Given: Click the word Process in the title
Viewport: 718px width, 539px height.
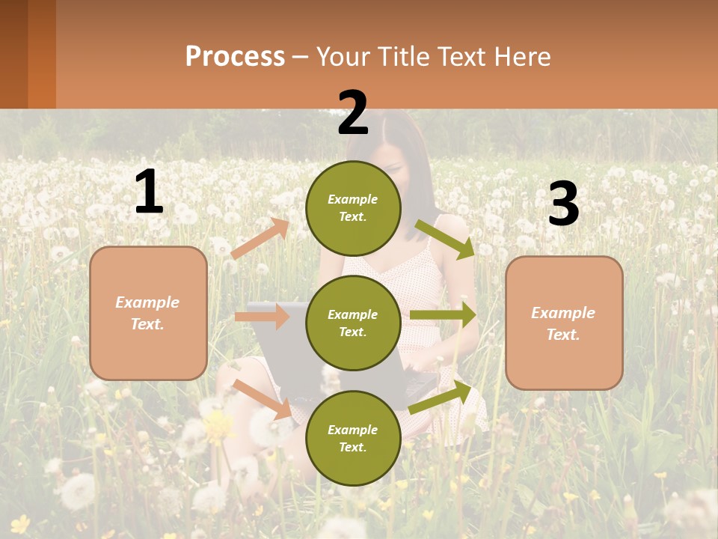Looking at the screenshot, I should pos(235,57).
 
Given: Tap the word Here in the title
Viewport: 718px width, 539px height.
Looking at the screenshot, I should pos(522,57).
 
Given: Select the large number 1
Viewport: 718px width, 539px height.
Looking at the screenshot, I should pos(149,192).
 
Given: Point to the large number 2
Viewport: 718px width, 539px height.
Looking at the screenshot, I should pos(353,113).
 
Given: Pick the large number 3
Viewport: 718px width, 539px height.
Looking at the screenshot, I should pos(563,204).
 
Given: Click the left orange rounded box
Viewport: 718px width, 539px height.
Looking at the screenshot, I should pos(148,313).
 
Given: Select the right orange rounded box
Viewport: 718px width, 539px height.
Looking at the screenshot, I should pos(564,323).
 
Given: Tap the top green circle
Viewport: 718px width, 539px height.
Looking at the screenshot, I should pos(353,208).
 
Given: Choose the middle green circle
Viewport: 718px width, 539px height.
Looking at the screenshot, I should pos(353,323).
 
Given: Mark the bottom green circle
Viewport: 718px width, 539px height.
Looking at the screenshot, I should pos(353,438).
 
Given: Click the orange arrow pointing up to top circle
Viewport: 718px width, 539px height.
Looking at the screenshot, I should pos(260,238).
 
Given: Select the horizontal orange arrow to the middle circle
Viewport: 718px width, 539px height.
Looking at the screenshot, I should pos(262,317).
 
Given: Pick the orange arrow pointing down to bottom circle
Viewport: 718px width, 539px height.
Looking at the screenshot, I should pos(263,398).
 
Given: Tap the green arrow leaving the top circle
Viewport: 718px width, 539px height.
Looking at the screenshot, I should pos(444,239).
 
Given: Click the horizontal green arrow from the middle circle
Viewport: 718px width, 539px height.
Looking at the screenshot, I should pos(442,314).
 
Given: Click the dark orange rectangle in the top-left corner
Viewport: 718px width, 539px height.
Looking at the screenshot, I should pos(28,54).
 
